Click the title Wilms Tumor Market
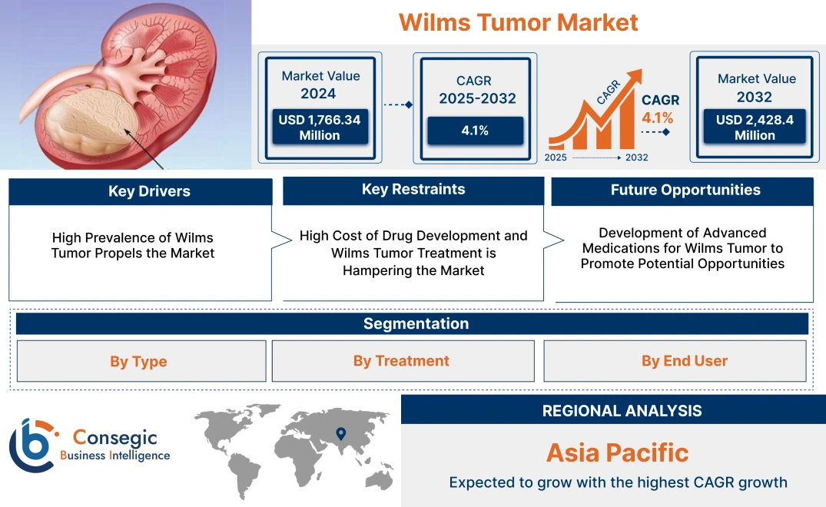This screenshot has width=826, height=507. (518, 22)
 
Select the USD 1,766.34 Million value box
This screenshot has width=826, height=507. (319, 128)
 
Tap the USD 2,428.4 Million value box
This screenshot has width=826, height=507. (755, 128)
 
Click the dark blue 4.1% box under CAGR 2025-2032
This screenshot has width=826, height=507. (475, 131)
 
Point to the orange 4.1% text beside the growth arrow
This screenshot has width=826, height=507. (657, 118)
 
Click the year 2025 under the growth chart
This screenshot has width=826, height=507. (556, 157)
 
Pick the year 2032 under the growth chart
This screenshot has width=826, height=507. (636, 157)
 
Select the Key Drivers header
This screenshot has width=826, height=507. (140, 191)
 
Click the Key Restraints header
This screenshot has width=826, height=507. (413, 190)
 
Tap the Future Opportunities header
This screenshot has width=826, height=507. (682, 191)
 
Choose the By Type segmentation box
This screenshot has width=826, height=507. (139, 361)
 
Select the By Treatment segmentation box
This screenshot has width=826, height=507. (401, 361)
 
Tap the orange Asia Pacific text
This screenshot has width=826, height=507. (617, 452)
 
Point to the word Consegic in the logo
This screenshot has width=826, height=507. (114, 438)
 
